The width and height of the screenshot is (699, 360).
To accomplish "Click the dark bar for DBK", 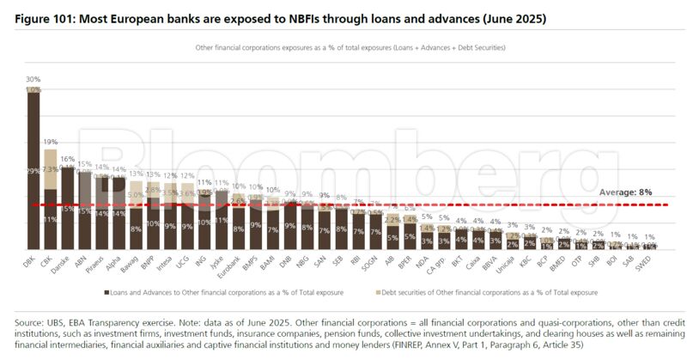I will [x=33, y=172].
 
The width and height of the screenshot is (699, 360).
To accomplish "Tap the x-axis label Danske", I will [x=64, y=263].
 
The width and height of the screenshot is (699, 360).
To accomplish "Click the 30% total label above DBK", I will [x=33, y=79].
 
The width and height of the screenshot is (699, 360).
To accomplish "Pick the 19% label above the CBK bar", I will [x=51, y=141].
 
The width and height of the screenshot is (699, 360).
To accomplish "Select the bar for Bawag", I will [x=135, y=215].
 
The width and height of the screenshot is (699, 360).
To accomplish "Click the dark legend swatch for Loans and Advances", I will [x=106, y=292].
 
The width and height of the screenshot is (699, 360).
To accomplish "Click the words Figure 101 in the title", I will [x=45, y=17].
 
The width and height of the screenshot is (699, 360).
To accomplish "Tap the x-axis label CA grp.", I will [x=441, y=263].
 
